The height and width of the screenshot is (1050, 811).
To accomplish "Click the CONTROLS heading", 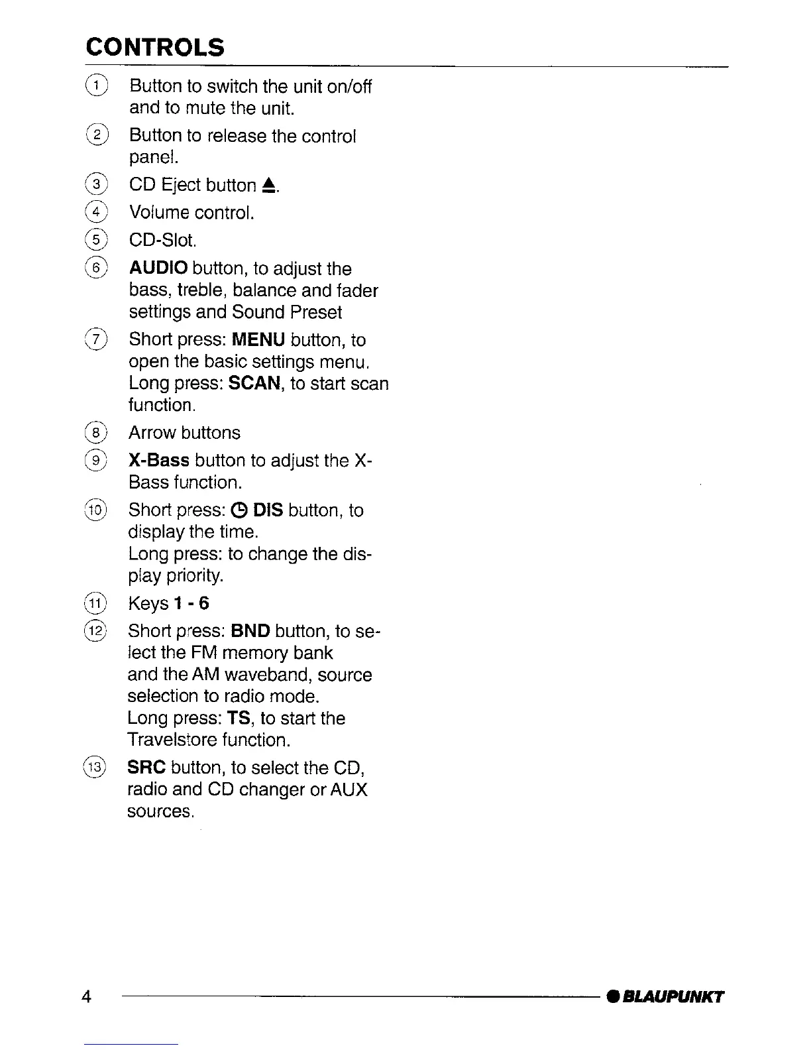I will (155, 47).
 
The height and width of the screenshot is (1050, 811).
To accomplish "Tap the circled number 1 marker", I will (97, 86).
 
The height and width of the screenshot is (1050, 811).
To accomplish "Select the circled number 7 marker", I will (97, 339).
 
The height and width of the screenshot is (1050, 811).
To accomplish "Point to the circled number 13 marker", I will (96, 767).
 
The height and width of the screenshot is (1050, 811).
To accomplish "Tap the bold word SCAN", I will (254, 384).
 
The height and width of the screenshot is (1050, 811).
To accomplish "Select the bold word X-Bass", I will (159, 460).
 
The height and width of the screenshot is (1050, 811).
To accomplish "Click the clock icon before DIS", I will (241, 510).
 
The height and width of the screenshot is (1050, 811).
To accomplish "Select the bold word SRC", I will (146, 768).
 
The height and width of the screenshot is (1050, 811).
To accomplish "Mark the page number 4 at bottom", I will (87, 996).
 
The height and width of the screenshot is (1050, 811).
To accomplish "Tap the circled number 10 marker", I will (96, 510).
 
